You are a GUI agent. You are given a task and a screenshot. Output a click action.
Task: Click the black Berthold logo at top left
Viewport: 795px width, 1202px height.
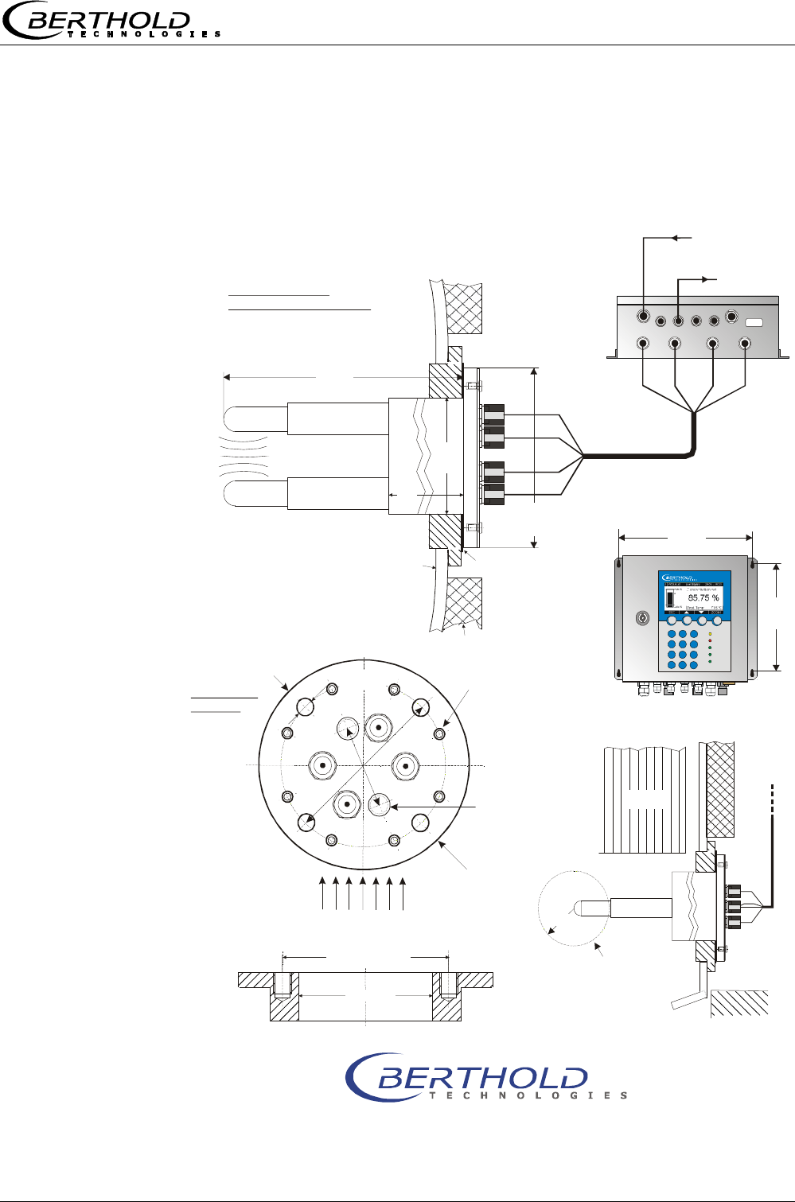pos(111,22)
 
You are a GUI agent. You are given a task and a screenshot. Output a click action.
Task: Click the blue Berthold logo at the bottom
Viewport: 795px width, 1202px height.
pos(485,1077)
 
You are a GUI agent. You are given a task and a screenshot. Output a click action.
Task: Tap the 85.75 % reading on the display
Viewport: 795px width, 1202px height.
pos(703,597)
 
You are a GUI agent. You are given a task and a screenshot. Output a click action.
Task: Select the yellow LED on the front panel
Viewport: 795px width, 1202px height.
pos(710,634)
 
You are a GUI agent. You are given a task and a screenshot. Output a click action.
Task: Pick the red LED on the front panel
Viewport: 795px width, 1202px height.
pos(710,640)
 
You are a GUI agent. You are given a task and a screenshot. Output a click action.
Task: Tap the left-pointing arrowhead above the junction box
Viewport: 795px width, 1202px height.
pos(676,237)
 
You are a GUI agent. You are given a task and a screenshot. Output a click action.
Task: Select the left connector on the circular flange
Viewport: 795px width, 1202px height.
pos(324,765)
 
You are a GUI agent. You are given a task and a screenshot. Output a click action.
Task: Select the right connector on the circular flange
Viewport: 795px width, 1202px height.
pos(406,767)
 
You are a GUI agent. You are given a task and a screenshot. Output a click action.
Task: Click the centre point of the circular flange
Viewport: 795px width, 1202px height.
pos(364,765)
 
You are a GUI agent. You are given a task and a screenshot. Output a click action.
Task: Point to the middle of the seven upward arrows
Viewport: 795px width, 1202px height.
pos(363,893)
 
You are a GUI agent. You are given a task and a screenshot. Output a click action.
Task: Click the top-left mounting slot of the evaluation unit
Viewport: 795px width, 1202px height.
pos(618,566)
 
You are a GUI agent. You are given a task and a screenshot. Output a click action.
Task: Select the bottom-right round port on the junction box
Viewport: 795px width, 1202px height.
pos(745,344)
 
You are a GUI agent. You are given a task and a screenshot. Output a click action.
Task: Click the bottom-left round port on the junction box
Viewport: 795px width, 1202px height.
pos(643,344)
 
